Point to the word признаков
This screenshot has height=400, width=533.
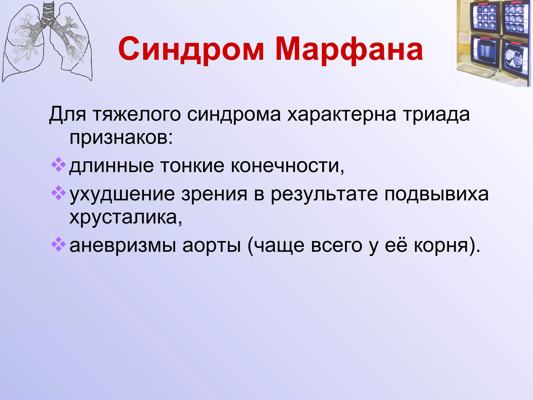tap(121, 137)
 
